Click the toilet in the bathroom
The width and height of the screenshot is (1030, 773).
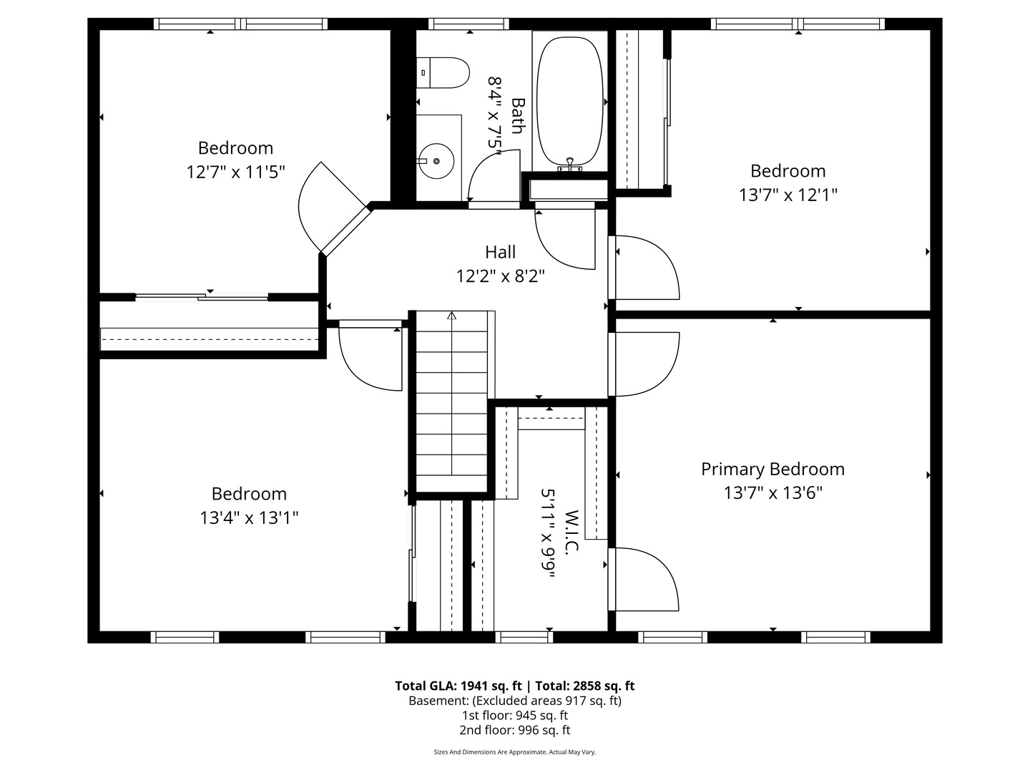(x=443, y=73)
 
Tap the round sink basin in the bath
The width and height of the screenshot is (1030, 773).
(x=436, y=161)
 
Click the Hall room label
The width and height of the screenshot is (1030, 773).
(x=500, y=252)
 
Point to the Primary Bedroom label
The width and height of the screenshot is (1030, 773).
(x=772, y=469)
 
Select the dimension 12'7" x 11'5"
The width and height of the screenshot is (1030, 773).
(x=235, y=172)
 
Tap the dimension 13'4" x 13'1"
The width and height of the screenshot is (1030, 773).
(x=249, y=517)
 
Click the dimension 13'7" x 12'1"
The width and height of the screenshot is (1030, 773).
(x=788, y=195)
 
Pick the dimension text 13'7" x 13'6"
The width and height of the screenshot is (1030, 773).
(x=772, y=493)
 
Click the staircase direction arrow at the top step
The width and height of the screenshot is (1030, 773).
(x=451, y=315)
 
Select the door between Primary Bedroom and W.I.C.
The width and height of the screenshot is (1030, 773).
(x=643, y=579)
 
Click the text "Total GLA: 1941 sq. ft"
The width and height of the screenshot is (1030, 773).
(x=458, y=686)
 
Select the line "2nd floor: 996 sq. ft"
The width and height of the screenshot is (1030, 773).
(x=515, y=730)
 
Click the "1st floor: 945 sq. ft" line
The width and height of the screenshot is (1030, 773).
(x=515, y=715)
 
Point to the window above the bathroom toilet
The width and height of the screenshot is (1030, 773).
(x=469, y=24)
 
